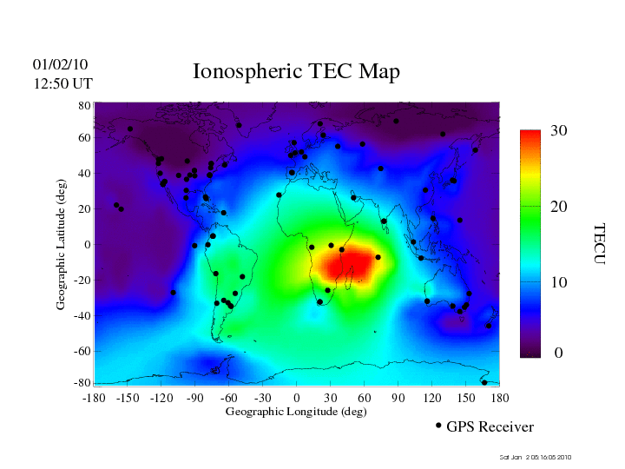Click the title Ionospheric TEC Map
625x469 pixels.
[x=296, y=71]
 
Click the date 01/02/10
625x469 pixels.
[x=60, y=64]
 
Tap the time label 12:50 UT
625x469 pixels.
[x=62, y=83]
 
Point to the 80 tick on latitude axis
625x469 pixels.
[x=85, y=105]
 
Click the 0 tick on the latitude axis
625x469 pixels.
[x=87, y=245]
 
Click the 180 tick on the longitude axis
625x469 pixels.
[x=499, y=398]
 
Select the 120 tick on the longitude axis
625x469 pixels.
[x=431, y=398]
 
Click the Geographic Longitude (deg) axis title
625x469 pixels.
[x=296, y=412]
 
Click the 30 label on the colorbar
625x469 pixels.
[x=559, y=130]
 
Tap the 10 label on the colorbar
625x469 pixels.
[x=559, y=282]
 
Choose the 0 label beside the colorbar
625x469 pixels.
[x=559, y=353]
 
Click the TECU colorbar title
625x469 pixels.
[x=599, y=244]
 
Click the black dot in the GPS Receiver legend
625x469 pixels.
[x=438, y=426]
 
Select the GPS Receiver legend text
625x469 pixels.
[x=490, y=427]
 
